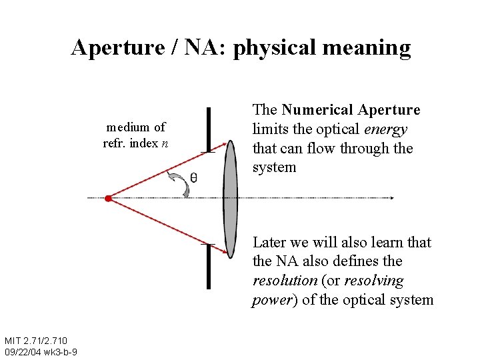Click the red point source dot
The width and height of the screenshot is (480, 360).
pyautogui.click(x=108, y=198)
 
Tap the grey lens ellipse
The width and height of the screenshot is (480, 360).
pyautogui.click(x=230, y=198)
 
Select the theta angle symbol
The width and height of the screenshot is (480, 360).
pyautogui.click(x=193, y=177)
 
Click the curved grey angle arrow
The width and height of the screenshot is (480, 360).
pyautogui.click(x=181, y=183)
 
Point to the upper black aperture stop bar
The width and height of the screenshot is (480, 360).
pyautogui.click(x=209, y=129)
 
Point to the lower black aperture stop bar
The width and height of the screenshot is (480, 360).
pyautogui.click(x=209, y=266)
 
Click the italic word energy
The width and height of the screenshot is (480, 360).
pyautogui.click(x=386, y=129)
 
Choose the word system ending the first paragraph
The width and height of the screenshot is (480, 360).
pyautogui.click(x=274, y=167)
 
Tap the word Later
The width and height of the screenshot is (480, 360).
pyautogui.click(x=271, y=242)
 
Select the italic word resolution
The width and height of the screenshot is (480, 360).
pyautogui.click(x=284, y=281)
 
